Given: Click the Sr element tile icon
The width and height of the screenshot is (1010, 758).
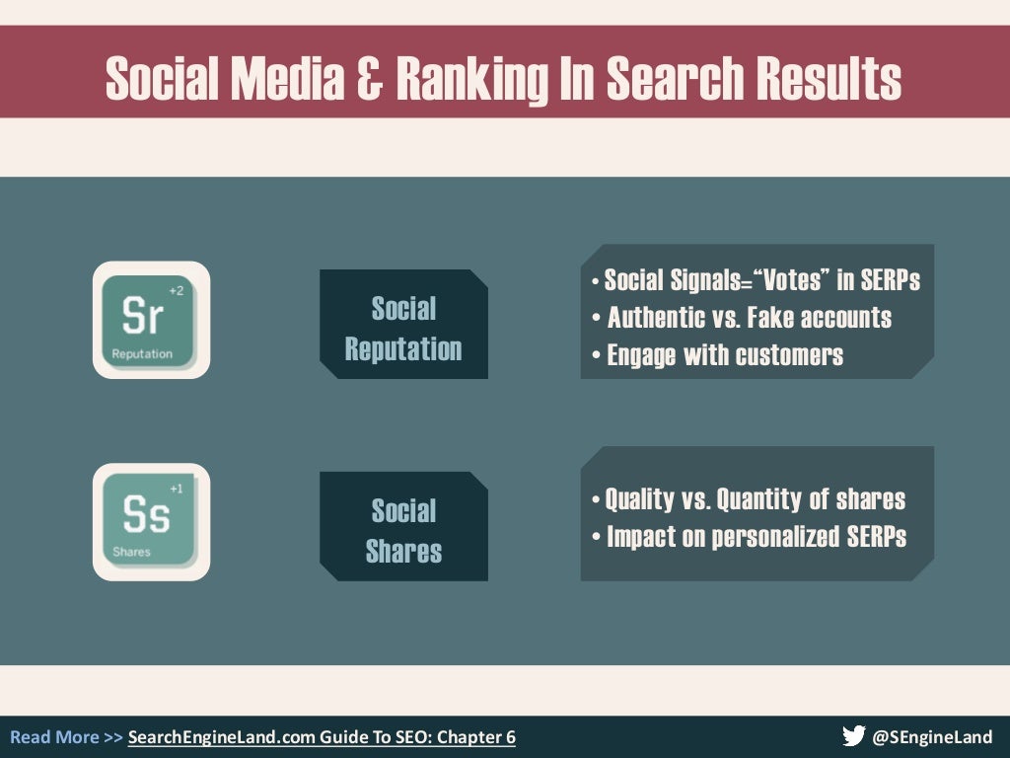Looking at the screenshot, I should (151, 320).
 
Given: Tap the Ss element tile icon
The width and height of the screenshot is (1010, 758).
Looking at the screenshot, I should (151, 521).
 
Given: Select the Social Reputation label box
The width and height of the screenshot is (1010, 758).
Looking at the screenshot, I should (403, 329).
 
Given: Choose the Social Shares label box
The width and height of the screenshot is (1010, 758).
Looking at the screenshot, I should (403, 531).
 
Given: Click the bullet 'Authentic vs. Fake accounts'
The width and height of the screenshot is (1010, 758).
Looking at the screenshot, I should (749, 318).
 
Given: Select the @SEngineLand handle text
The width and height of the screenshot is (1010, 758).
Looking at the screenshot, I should (933, 737).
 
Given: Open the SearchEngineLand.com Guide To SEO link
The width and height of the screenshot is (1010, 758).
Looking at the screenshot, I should (322, 737).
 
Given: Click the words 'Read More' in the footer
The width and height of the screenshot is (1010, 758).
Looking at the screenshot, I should (54, 737).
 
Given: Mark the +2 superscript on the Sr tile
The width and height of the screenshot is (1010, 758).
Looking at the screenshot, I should (176, 290).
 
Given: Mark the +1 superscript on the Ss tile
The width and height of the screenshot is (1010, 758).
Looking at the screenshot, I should (176, 489).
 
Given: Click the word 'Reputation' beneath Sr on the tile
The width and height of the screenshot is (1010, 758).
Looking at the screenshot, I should (142, 353).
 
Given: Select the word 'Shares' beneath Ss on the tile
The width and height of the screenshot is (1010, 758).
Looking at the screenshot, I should (131, 552).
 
